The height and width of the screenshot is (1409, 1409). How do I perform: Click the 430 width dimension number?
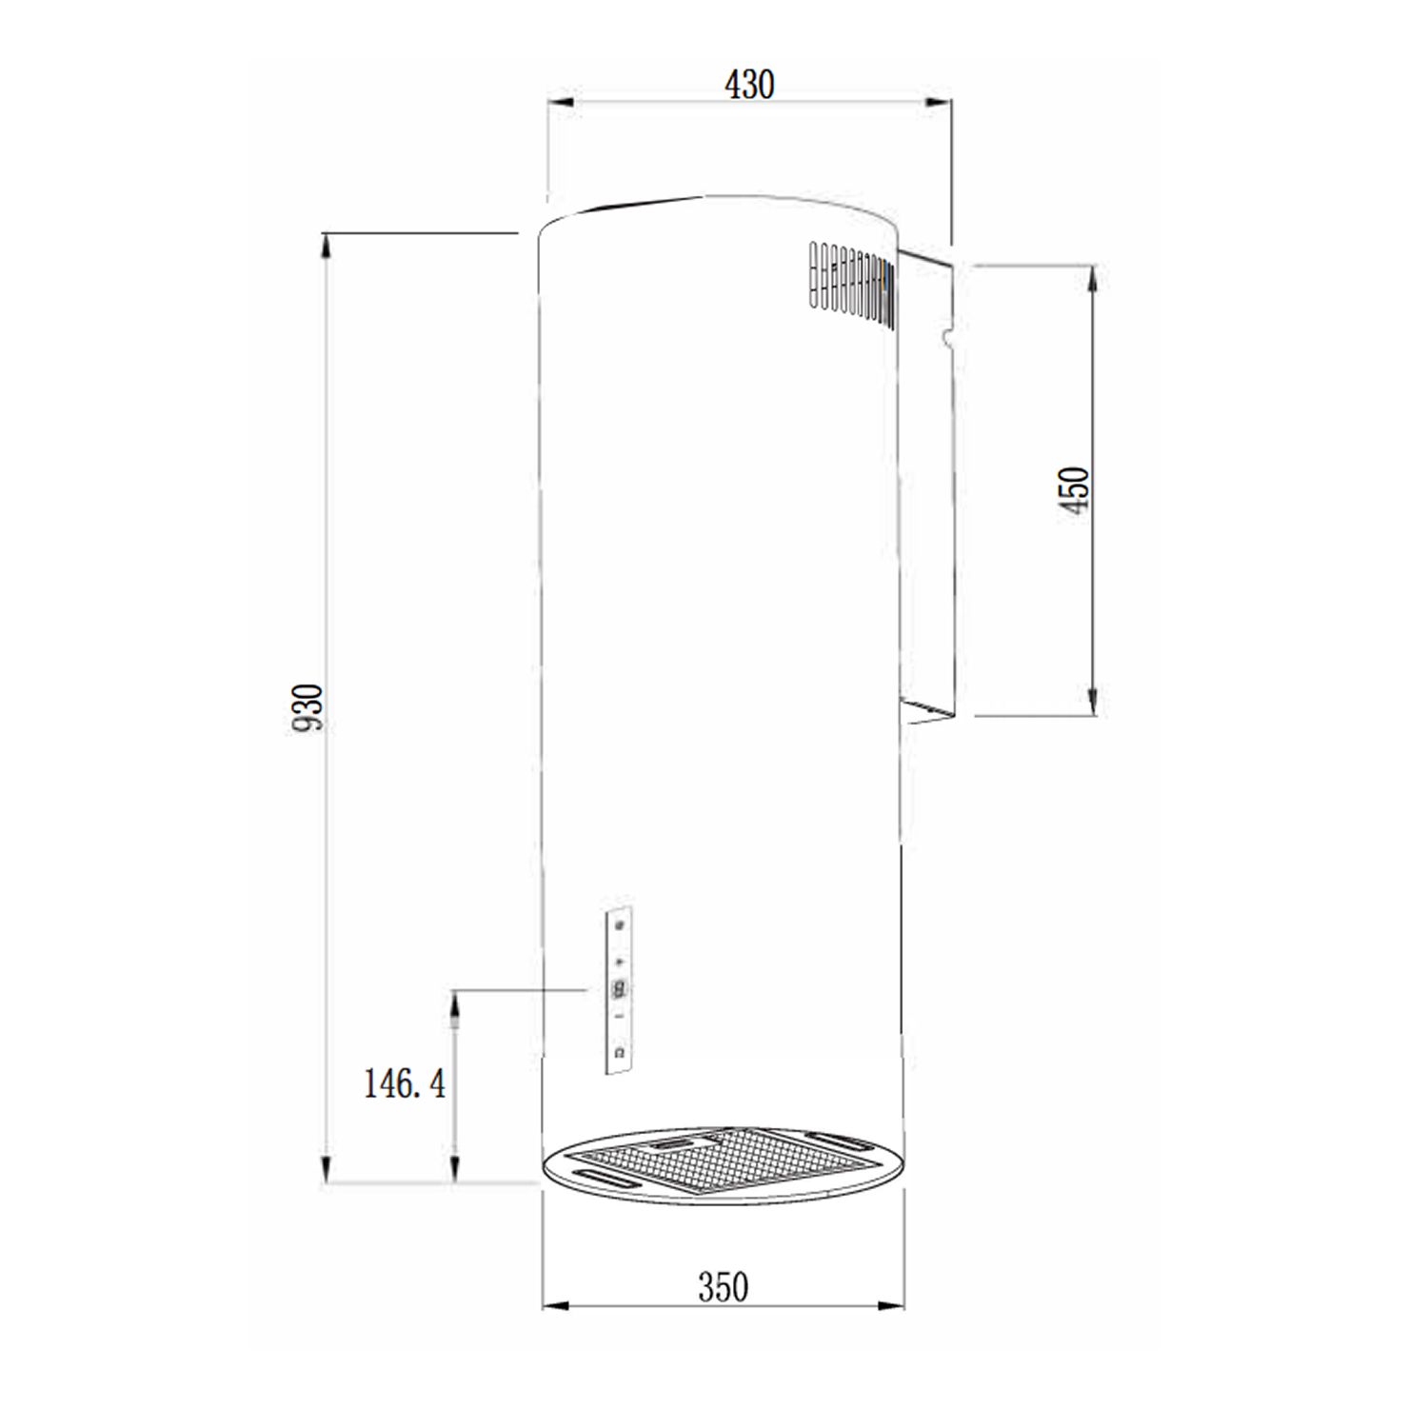749,85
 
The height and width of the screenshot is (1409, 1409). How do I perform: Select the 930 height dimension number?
308,707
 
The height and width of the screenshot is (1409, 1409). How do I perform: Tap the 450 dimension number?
1074,489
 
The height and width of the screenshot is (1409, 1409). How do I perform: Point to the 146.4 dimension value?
404,1083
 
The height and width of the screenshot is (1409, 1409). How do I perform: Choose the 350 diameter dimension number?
723,1287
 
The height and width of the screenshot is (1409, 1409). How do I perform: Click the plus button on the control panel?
620,962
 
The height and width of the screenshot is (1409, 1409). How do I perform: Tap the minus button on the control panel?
620,1017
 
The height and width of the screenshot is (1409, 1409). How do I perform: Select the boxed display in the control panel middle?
620,989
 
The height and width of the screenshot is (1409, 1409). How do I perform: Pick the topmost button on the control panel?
620,925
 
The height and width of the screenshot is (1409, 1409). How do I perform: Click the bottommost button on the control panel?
620,1052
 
